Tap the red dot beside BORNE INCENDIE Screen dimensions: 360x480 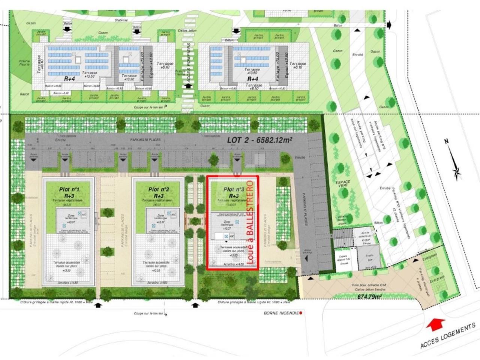(x=301, y=312)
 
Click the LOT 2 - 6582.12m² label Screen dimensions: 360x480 (x=260, y=140)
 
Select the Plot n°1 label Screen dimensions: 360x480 (x=69, y=189)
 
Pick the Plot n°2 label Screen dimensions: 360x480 (x=159, y=189)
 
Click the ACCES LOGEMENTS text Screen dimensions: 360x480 (x=448, y=336)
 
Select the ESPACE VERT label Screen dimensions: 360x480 (x=343, y=184)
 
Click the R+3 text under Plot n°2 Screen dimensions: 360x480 (x=159, y=196)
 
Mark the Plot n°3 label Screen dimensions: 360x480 (x=234, y=190)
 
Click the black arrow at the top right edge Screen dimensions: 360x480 (x=388, y=24)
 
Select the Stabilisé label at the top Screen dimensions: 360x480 (x=121, y=20)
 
